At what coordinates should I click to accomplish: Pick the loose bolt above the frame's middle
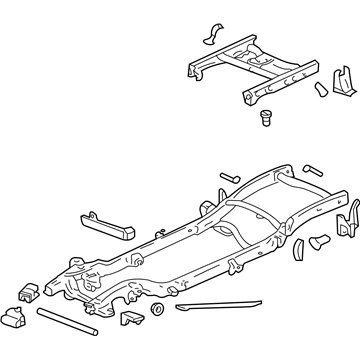[x=226, y=176]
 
